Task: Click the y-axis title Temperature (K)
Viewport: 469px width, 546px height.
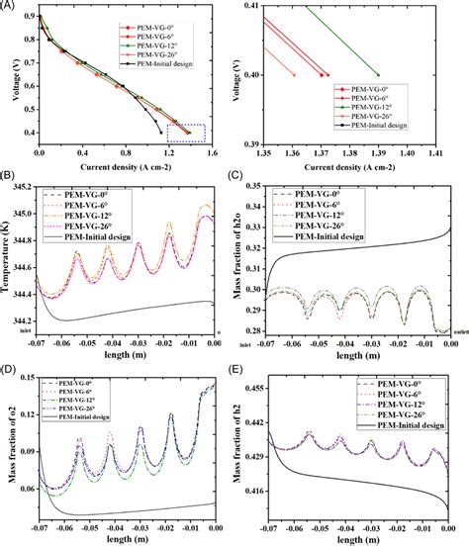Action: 12,259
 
